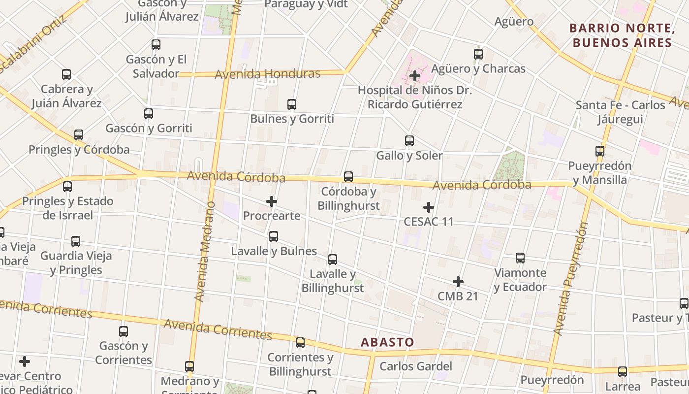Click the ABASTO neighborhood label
tap(387, 342)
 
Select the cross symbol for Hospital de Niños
tap(415, 76)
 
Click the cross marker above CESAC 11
tap(429, 207)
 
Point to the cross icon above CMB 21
tap(458, 282)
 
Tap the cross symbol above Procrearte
tap(272, 201)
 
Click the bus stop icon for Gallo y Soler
tap(409, 141)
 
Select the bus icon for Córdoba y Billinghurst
tap(348, 176)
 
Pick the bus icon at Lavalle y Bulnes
tap(274, 236)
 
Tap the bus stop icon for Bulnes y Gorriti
tap(292, 104)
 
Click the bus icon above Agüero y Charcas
tap(478, 54)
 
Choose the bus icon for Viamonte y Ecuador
tap(520, 258)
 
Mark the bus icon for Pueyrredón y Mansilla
tap(600, 151)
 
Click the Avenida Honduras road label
tap(268, 74)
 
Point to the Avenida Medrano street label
tap(205, 251)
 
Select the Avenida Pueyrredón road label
tap(571, 279)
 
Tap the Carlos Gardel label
tap(416, 366)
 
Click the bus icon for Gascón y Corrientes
tap(124, 331)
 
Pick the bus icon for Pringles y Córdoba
tap(79, 135)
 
